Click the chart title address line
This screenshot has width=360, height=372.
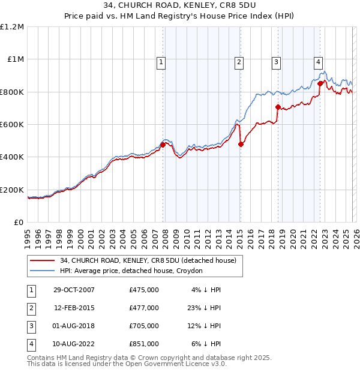(x=180, y=6)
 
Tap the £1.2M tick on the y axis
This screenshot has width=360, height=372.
(x=13, y=27)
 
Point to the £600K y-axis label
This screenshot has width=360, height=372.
(x=12, y=125)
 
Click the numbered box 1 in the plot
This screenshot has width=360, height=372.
(x=162, y=61)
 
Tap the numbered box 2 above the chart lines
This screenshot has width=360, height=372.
(x=239, y=61)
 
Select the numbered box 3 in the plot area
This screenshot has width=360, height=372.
(x=276, y=61)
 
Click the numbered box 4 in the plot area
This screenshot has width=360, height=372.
(x=317, y=61)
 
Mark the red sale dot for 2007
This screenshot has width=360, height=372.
(x=163, y=145)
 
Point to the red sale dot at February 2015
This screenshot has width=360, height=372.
(x=241, y=144)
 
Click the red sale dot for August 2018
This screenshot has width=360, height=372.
(x=278, y=107)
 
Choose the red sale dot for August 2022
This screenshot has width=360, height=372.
(x=320, y=84)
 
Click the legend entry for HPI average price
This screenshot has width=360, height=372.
(x=131, y=271)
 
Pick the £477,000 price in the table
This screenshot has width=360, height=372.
(x=144, y=308)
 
